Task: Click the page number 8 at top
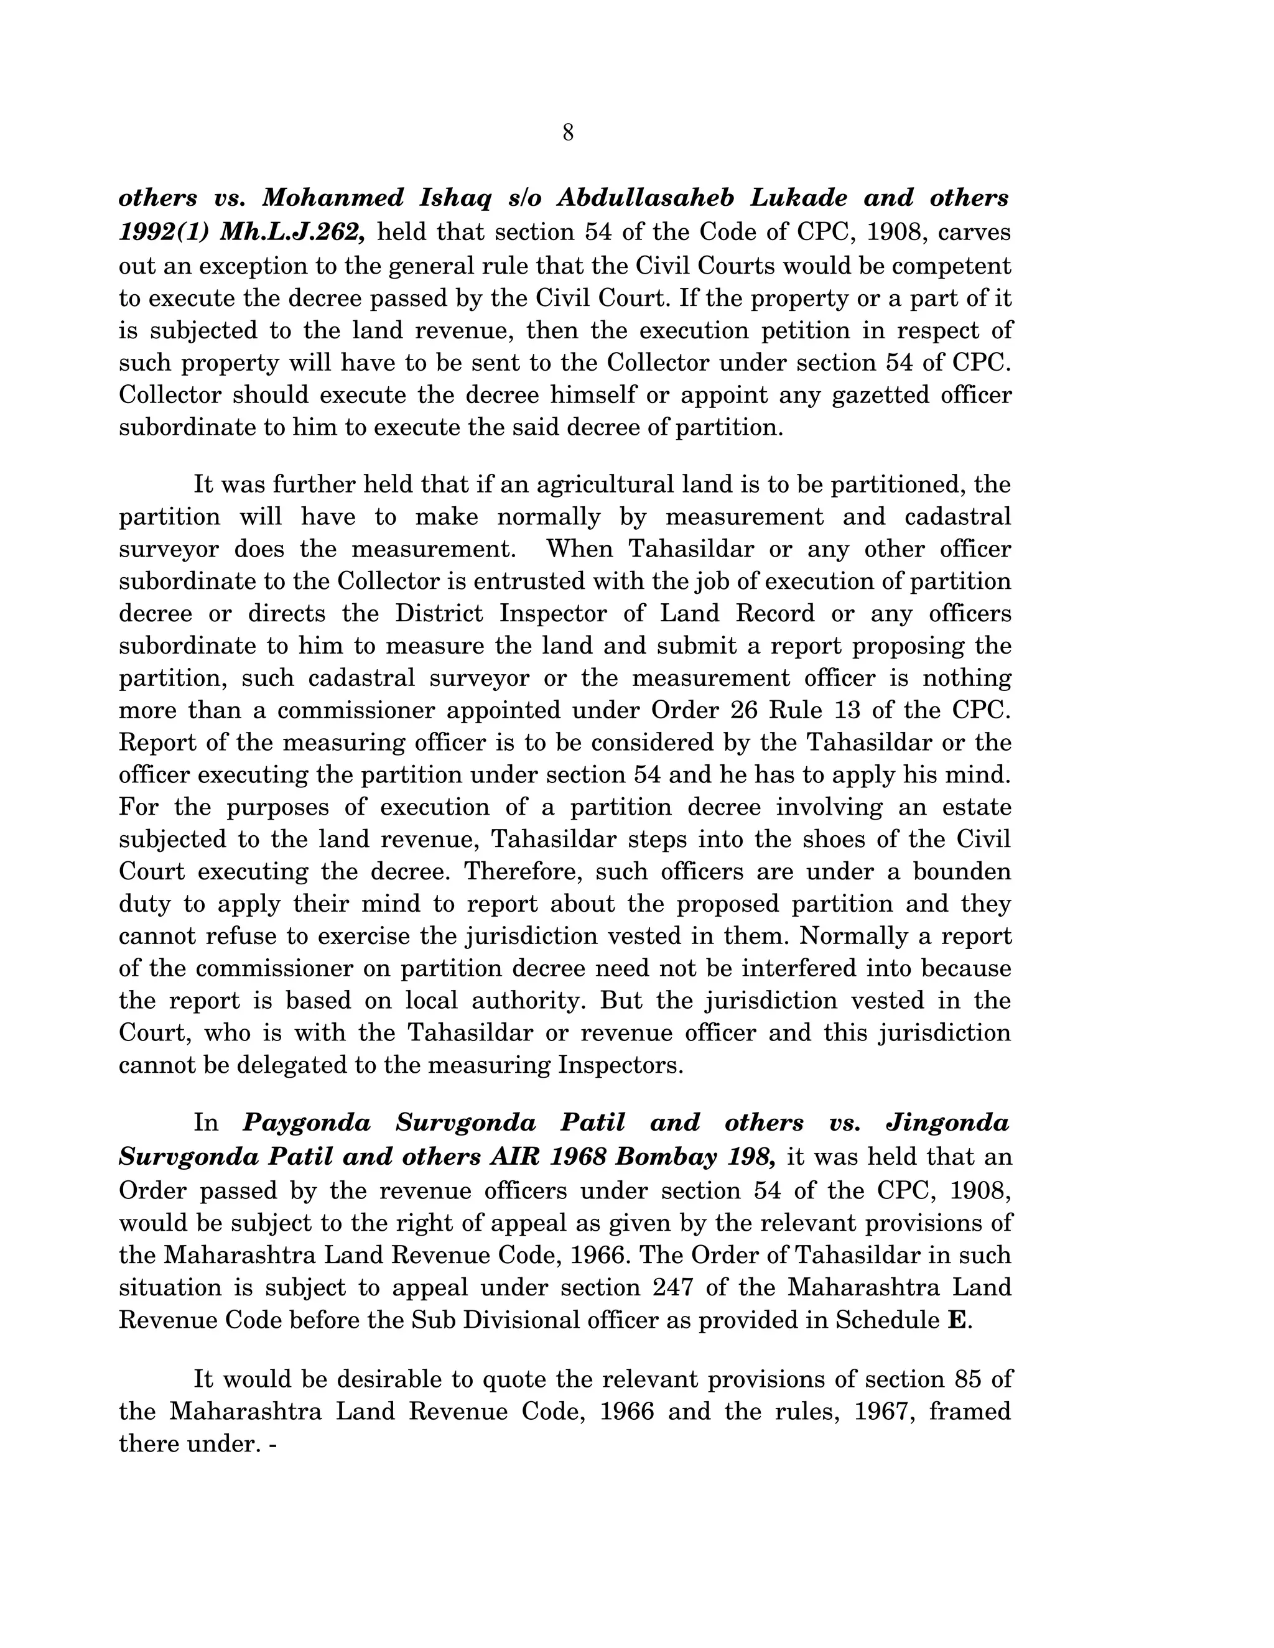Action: point(567,134)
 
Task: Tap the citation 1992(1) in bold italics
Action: point(162,232)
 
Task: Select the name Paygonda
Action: point(307,1124)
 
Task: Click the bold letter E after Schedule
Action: point(955,1320)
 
